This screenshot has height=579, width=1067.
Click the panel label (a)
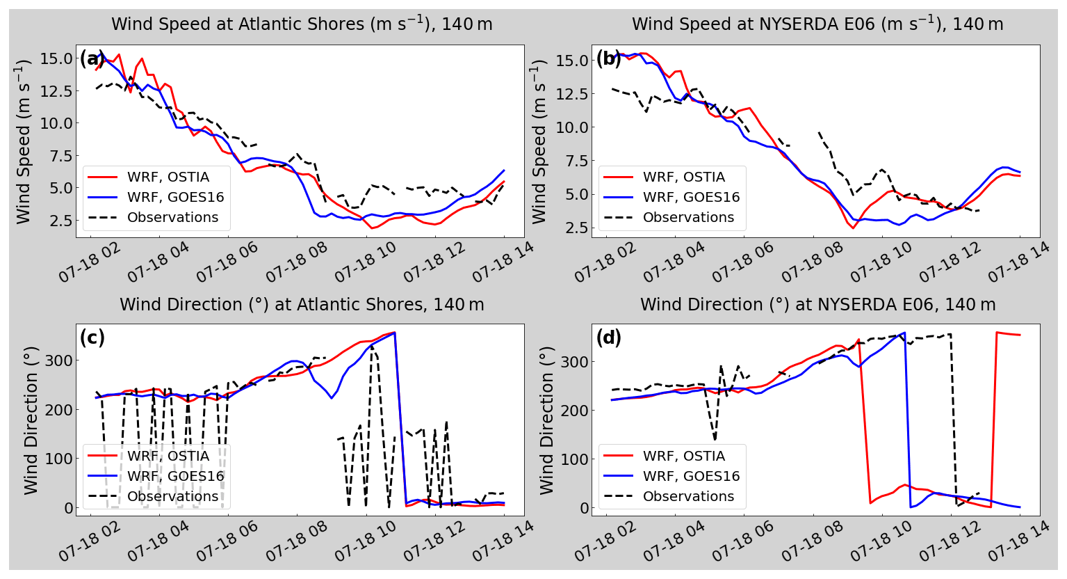92,58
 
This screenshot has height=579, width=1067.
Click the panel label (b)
608,58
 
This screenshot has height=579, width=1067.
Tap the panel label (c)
92,338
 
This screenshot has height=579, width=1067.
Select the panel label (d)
608,338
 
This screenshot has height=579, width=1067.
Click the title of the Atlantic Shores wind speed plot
302,24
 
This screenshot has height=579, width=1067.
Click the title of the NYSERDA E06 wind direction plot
817,305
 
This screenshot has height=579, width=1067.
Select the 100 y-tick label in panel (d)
576,459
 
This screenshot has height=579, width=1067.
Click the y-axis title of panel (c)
31,420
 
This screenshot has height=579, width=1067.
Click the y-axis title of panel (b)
540,141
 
